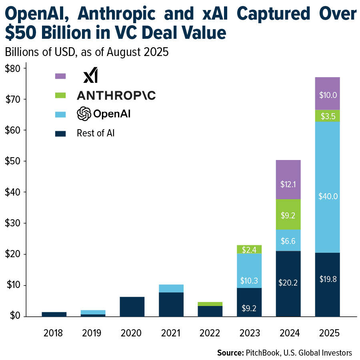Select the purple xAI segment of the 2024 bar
point(288,179)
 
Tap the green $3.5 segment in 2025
point(327,116)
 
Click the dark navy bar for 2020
point(132,306)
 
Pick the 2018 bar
point(54,314)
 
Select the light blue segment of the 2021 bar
point(171,288)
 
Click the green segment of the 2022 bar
point(210,304)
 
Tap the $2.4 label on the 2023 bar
point(249,250)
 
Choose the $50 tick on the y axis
point(14,161)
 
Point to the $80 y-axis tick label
point(14,68)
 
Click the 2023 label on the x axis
point(249,333)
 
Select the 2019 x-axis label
point(93,333)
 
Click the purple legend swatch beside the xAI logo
point(60,76)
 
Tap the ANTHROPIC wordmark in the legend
point(116,95)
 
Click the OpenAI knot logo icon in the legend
point(84,114)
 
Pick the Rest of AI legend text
point(96,133)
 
